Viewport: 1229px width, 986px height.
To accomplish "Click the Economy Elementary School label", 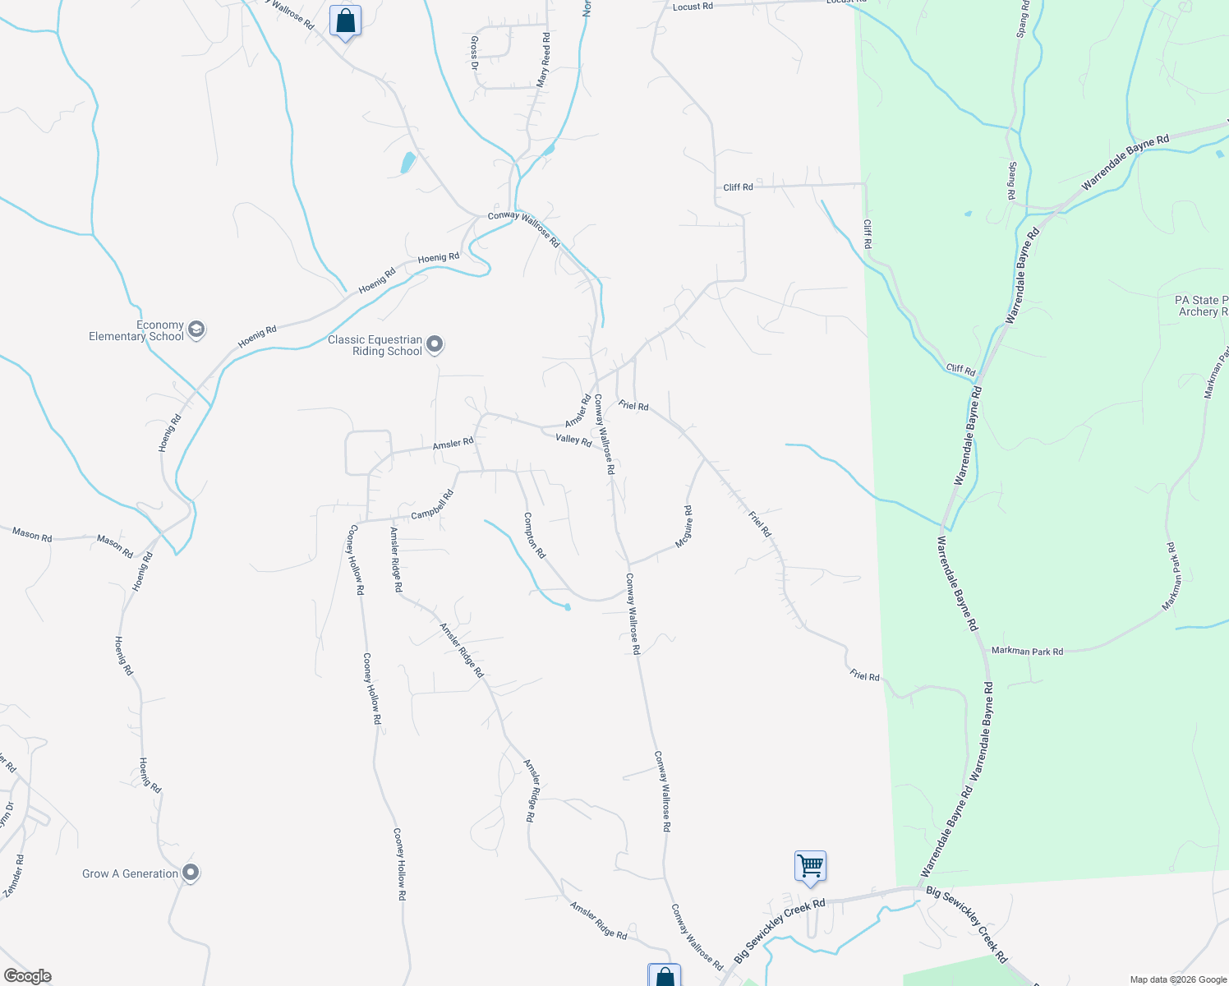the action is coord(136,330).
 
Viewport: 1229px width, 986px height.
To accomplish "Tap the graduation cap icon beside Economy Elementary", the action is coord(196,329).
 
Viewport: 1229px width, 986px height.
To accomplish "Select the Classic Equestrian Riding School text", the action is coord(375,345).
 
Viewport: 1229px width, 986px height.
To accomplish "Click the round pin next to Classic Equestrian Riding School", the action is coord(435,344).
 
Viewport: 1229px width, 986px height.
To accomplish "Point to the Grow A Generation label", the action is coord(130,873).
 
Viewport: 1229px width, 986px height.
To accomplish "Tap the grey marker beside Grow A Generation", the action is coord(191,873).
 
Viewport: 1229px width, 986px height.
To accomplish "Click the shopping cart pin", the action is coord(810,866).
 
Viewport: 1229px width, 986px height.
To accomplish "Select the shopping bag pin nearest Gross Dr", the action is coord(345,21).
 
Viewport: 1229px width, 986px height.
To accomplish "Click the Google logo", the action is coord(27,976).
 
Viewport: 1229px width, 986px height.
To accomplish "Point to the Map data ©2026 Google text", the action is coord(1177,979).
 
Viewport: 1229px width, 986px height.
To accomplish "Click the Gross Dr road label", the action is coord(474,53).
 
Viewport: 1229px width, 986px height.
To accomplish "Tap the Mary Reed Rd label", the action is coord(544,60).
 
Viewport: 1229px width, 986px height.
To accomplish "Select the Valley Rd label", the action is coord(573,440).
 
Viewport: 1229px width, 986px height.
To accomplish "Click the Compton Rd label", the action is coord(534,536).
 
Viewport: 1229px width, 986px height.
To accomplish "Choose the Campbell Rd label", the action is coord(432,505).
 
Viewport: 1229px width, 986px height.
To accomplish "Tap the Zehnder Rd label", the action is coord(14,876).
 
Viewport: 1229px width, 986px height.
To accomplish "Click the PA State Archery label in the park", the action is coord(1202,306).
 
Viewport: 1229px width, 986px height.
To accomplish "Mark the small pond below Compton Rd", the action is coord(568,607).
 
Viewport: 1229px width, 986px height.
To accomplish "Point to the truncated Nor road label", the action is coord(587,7).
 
